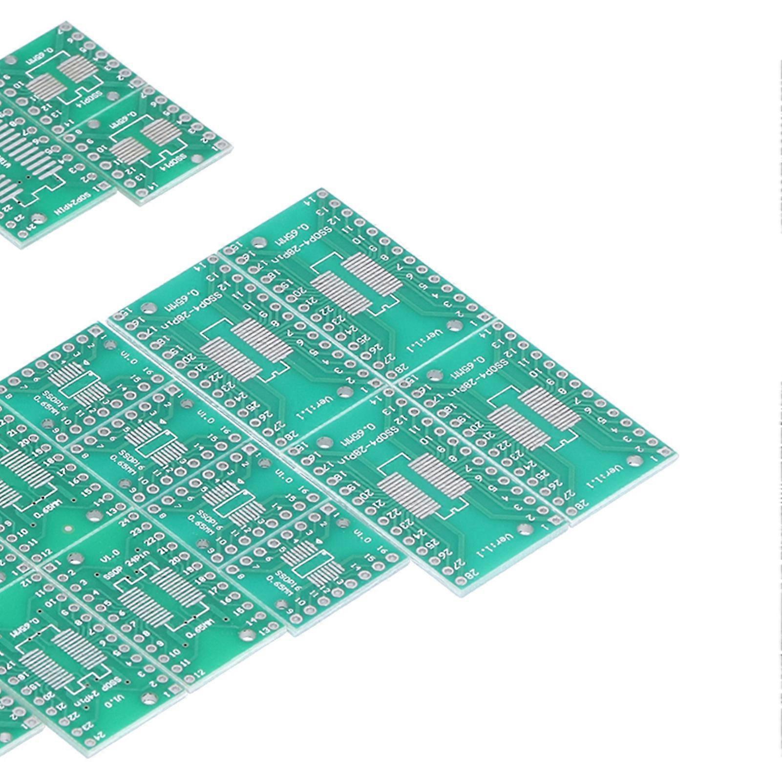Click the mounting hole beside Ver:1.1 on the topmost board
(454, 326)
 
